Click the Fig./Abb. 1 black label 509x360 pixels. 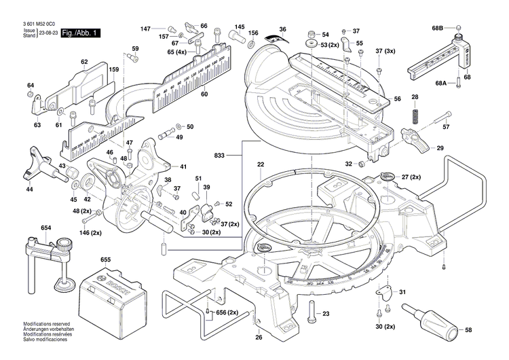80,33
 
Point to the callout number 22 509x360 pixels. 261,165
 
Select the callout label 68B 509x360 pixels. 437,28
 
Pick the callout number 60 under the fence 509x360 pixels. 204,94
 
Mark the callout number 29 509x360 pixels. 440,149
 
